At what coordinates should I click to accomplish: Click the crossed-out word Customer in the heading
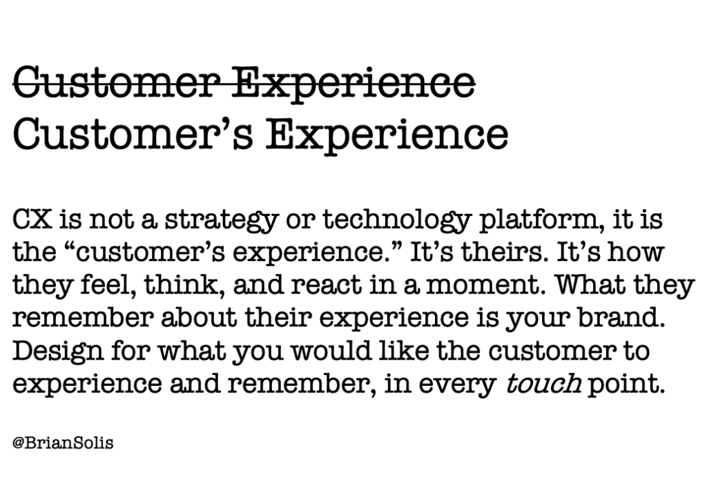click(116, 83)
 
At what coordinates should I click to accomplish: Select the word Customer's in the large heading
click(133, 134)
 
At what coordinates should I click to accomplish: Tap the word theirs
click(505, 252)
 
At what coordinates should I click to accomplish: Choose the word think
click(184, 285)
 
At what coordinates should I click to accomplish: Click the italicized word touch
click(543, 383)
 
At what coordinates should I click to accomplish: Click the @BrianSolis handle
click(63, 443)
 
